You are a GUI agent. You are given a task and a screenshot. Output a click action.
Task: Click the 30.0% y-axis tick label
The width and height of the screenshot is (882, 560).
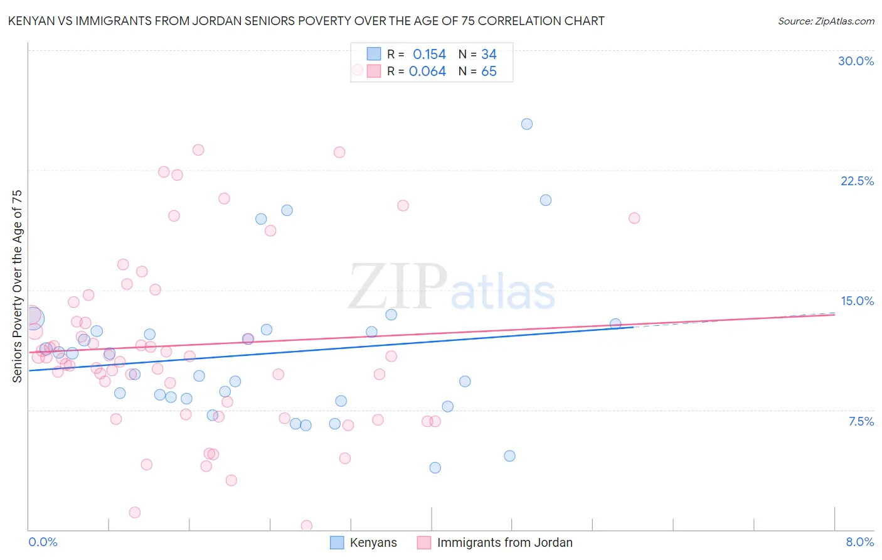pyautogui.click(x=856, y=61)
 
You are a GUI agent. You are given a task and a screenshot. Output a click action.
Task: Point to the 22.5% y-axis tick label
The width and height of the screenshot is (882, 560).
pyautogui.click(x=857, y=181)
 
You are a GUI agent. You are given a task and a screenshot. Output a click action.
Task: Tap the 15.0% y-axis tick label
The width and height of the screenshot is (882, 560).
pyautogui.click(x=857, y=301)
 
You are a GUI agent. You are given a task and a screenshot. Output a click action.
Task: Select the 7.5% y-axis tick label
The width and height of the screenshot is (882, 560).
pyautogui.click(x=861, y=421)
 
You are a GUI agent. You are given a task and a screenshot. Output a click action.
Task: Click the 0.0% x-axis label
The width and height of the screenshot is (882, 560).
pyautogui.click(x=43, y=542)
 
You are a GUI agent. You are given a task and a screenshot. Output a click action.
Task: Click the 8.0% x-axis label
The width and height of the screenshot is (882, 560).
pyautogui.click(x=859, y=542)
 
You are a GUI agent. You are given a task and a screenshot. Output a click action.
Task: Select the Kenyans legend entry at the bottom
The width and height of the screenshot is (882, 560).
pyautogui.click(x=373, y=542)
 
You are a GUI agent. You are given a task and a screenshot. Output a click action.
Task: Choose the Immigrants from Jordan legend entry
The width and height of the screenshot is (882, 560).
pyautogui.click(x=504, y=542)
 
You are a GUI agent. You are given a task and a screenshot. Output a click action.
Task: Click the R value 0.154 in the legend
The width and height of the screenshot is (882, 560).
pyautogui.click(x=429, y=55)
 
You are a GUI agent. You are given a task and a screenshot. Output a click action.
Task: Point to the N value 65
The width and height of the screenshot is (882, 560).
pyautogui.click(x=489, y=72)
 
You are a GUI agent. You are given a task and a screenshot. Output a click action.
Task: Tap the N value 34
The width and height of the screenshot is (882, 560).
pyautogui.click(x=489, y=55)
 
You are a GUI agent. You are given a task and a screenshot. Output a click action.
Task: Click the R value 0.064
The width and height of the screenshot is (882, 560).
pyautogui.click(x=427, y=72)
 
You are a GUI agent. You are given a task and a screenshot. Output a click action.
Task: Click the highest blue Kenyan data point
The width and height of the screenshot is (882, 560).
pyautogui.click(x=527, y=124)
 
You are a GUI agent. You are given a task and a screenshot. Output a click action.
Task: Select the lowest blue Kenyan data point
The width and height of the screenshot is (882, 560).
pyautogui.click(x=435, y=468)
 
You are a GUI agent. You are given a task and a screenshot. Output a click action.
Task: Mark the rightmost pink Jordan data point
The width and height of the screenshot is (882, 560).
pyautogui.click(x=634, y=218)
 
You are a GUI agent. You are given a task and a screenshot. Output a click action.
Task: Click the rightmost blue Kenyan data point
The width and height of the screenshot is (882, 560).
pyautogui.click(x=615, y=324)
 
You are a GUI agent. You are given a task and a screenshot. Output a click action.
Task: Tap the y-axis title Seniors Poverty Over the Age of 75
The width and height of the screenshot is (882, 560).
pyautogui.click(x=17, y=286)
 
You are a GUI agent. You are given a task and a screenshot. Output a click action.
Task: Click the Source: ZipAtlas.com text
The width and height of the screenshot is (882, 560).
pyautogui.click(x=826, y=21)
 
